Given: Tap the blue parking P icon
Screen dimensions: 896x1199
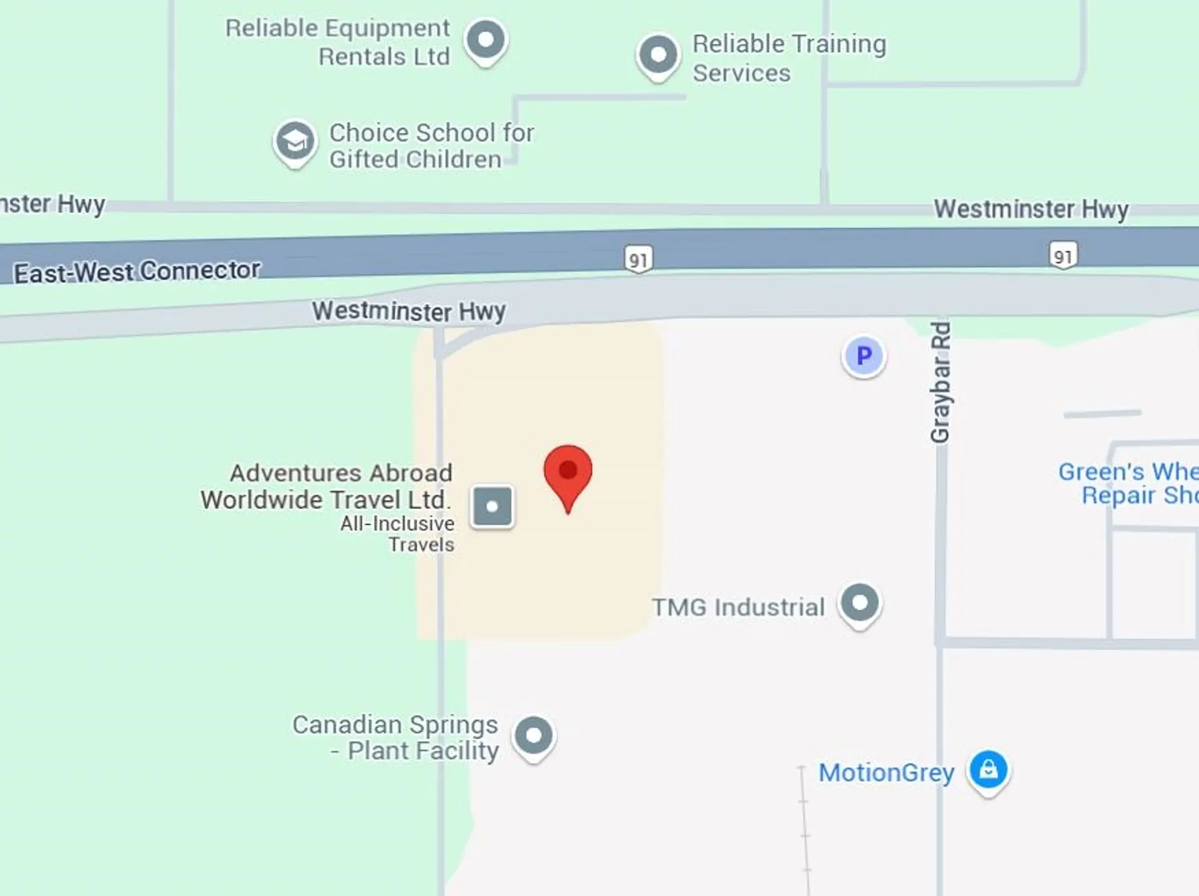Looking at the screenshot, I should (x=864, y=356).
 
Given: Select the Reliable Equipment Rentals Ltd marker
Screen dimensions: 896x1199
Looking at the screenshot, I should (x=486, y=40).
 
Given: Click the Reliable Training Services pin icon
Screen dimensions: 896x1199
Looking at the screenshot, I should (x=658, y=55).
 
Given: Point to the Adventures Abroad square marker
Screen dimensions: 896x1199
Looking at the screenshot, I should (x=492, y=506).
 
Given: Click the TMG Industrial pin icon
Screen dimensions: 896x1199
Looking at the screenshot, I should (x=860, y=603).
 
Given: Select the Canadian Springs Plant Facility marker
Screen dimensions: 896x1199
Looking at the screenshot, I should (x=534, y=736).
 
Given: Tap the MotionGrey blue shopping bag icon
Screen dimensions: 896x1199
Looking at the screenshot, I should (x=988, y=769).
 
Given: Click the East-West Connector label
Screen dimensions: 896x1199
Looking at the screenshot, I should (x=137, y=272).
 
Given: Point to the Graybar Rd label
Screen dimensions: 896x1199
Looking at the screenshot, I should (x=940, y=382).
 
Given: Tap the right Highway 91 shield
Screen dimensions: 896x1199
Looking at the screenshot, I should (x=1063, y=255).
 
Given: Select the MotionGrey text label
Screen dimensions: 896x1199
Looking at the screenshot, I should (x=886, y=773).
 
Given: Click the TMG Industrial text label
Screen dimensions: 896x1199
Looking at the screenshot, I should (x=738, y=607).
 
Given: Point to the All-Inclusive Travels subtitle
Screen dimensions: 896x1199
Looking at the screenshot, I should (x=398, y=534).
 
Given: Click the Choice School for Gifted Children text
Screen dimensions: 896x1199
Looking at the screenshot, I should (x=432, y=146).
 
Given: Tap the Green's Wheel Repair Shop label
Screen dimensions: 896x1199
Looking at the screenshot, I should (x=1128, y=483).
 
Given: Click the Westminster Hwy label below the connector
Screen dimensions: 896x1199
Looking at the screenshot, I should (x=409, y=311).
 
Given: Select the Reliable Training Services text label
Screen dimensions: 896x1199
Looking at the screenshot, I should (x=789, y=58).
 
